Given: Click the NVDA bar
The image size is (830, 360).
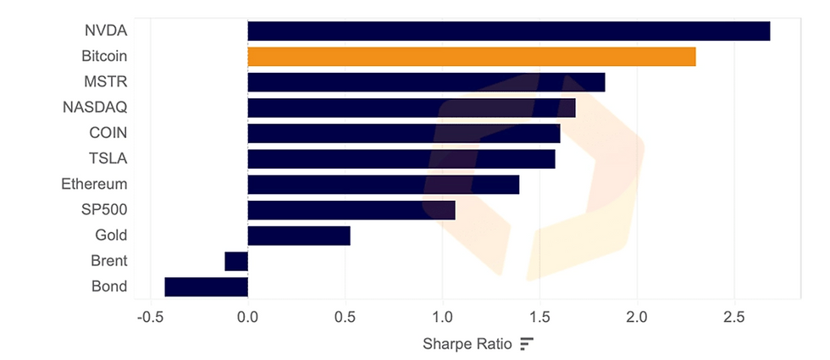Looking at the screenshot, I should point(508,31).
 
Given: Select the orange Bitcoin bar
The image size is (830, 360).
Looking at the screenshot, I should point(471,57).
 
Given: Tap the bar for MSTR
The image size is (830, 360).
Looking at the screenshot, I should point(426,82).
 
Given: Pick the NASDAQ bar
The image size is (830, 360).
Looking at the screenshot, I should point(411,108).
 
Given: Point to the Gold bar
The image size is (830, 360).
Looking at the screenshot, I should point(298,235).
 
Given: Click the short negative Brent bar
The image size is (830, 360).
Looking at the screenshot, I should point(236,261).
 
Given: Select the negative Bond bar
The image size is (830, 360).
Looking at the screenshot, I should point(206,286).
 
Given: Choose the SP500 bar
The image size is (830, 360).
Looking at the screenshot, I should point(351,210).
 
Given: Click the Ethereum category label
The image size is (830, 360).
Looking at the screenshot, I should point(94,184).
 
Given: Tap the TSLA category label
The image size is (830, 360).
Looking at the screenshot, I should point(108,158).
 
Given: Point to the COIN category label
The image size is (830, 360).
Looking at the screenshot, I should point(108,133).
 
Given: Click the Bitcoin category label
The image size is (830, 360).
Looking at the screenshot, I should point(104,57).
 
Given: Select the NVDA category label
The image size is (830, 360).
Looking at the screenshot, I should point(106,31).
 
